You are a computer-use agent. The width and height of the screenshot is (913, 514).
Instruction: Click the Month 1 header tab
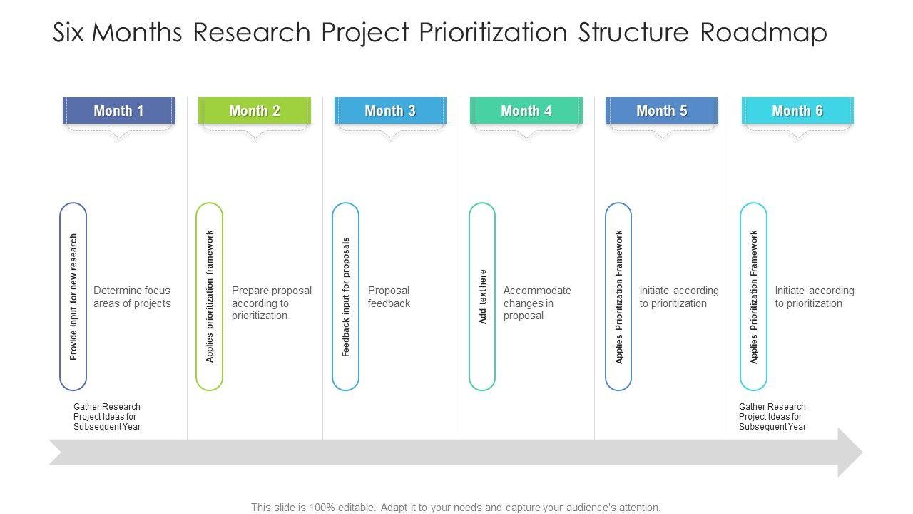118,111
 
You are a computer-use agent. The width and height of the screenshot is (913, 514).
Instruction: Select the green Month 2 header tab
255,111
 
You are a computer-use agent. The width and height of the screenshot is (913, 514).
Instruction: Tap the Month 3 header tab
390,111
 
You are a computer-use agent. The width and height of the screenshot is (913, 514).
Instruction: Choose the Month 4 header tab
526,111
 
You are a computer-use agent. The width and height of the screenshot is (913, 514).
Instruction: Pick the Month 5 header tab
662,111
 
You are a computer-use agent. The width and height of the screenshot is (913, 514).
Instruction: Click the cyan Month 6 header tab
797,111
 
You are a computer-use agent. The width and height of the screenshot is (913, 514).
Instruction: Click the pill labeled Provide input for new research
73,296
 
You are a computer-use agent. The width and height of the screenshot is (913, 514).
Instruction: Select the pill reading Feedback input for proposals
346,296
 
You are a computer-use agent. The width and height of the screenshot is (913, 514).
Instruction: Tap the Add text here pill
482,296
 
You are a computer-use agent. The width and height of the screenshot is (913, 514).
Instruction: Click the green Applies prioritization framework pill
210,296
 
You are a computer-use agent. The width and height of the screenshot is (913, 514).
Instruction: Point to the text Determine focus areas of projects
132,297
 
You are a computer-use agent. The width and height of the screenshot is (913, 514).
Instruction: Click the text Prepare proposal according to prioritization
271,303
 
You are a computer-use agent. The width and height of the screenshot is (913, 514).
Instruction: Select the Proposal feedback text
389,297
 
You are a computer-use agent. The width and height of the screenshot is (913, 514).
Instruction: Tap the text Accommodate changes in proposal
537,303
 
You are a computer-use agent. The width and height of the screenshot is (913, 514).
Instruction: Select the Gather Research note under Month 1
107,417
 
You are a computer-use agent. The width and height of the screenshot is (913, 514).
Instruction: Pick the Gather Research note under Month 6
772,417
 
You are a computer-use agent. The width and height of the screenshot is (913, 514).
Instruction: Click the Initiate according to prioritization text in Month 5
678,297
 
